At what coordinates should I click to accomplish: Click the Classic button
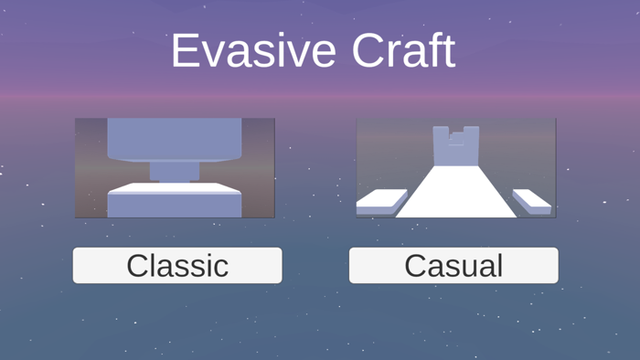[x=177, y=265]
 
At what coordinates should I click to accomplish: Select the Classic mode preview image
[x=175, y=167]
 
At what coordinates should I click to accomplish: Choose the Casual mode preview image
[x=455, y=167]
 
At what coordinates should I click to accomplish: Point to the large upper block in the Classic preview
[x=174, y=137]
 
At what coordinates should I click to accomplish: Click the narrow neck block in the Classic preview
[x=174, y=171]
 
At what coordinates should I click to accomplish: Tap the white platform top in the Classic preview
[x=174, y=188]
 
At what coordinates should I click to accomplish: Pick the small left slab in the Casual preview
[x=383, y=199]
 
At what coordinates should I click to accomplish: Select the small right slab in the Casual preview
[x=532, y=198]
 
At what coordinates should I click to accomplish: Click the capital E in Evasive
[x=185, y=51]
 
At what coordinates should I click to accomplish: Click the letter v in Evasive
[x=211, y=55]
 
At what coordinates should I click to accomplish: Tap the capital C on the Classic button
[x=138, y=266]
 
